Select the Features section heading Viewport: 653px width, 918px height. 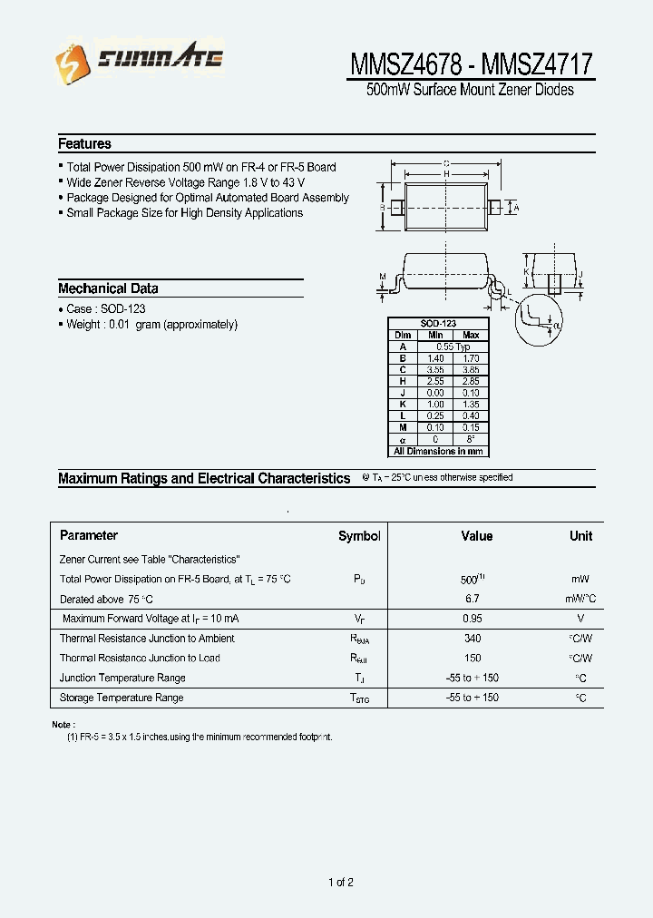[84, 143]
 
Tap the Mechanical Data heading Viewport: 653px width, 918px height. [108, 288]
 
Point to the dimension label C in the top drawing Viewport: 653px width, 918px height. [446, 163]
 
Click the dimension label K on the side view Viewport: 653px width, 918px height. [527, 270]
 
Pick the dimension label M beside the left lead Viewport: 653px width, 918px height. [382, 276]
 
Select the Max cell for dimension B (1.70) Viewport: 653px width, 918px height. [470, 358]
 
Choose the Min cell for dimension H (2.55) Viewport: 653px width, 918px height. [435, 382]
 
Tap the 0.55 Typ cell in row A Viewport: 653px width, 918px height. [453, 347]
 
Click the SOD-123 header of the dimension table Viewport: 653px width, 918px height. [438, 324]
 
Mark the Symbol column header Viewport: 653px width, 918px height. [359, 536]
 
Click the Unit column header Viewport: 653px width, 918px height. [580, 536]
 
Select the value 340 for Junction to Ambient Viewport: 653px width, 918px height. [472, 639]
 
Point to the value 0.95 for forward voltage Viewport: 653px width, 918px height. [472, 619]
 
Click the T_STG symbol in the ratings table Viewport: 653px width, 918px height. [360, 698]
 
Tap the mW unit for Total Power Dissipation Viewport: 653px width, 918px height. [580, 579]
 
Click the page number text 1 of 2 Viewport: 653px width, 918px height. [340, 883]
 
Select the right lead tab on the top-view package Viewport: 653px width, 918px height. [494, 208]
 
